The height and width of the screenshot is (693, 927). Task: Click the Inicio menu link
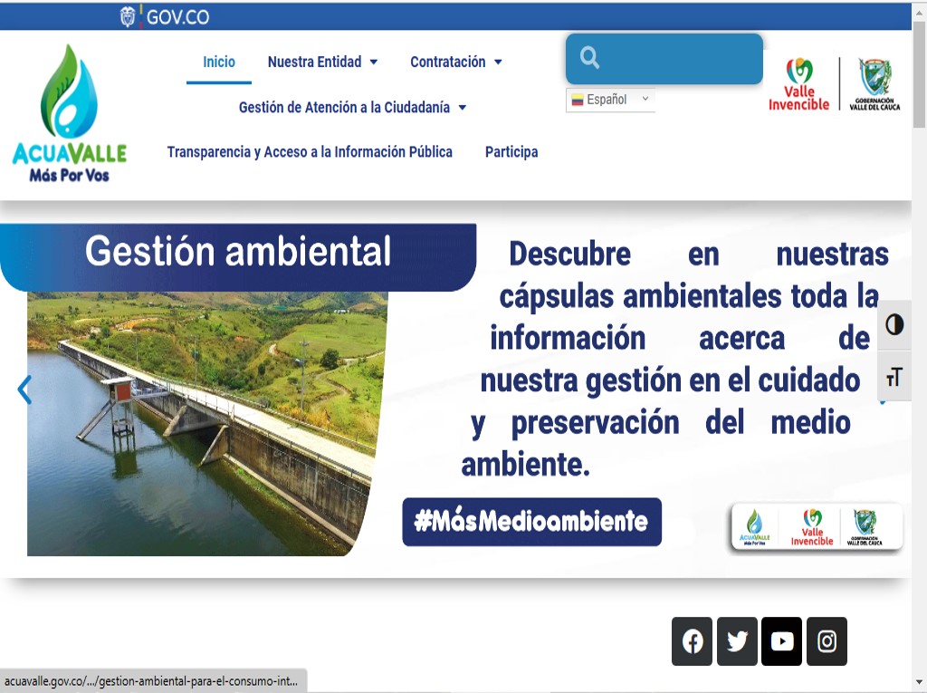(219, 63)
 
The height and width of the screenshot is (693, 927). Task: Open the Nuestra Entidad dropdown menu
(322, 63)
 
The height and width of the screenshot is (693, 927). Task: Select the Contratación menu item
(455, 63)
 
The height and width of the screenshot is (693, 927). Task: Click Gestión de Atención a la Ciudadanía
(352, 108)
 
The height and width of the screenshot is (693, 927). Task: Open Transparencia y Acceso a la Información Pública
(310, 152)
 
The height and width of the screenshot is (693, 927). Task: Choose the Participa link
(511, 152)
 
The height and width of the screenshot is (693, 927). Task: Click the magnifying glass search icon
(590, 59)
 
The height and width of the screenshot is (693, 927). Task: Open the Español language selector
(610, 100)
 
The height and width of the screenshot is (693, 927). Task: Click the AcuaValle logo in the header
(70, 114)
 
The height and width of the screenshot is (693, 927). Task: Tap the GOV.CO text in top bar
(177, 17)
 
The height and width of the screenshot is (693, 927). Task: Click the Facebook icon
(693, 641)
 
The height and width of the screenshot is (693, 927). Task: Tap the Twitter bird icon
(737, 641)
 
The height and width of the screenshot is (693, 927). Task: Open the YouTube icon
(782, 641)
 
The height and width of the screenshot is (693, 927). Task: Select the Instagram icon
(827, 641)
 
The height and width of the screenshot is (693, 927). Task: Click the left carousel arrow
(24, 390)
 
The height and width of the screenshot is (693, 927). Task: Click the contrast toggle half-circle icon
(894, 325)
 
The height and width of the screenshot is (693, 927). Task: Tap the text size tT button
(894, 378)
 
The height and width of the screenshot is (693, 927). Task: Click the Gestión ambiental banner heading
(238, 252)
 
